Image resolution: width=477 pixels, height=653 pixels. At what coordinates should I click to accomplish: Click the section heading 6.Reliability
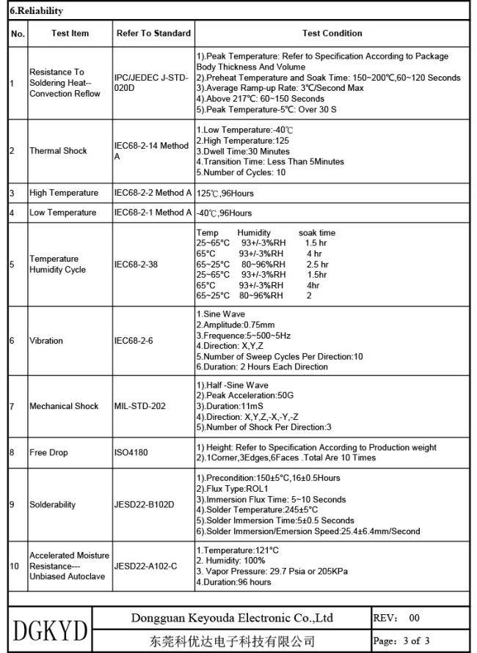click(x=34, y=11)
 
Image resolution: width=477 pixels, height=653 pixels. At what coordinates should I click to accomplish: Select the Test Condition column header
click(x=332, y=33)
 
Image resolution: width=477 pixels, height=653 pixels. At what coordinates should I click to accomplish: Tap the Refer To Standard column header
click(x=153, y=33)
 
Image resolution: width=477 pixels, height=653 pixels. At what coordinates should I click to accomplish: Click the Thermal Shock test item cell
click(x=58, y=151)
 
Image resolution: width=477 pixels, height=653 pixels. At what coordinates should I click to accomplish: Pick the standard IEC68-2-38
click(x=136, y=265)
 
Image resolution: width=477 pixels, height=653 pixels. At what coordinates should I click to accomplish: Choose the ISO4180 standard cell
click(x=131, y=452)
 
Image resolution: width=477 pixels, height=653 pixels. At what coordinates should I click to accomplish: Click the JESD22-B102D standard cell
click(x=145, y=505)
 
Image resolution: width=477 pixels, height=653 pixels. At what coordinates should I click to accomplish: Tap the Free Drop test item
click(x=48, y=452)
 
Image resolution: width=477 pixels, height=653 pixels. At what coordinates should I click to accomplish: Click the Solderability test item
click(x=52, y=505)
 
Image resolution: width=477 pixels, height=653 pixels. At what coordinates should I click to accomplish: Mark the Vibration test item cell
click(x=46, y=341)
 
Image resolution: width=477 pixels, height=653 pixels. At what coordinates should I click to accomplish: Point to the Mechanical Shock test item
click(x=64, y=406)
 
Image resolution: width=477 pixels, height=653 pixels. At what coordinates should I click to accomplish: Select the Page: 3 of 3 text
click(x=401, y=641)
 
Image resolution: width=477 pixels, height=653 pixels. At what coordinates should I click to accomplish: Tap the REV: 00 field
click(x=396, y=618)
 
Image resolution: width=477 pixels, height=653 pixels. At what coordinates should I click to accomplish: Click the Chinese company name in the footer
click(x=232, y=641)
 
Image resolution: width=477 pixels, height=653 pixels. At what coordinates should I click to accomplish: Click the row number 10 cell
click(x=14, y=567)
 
